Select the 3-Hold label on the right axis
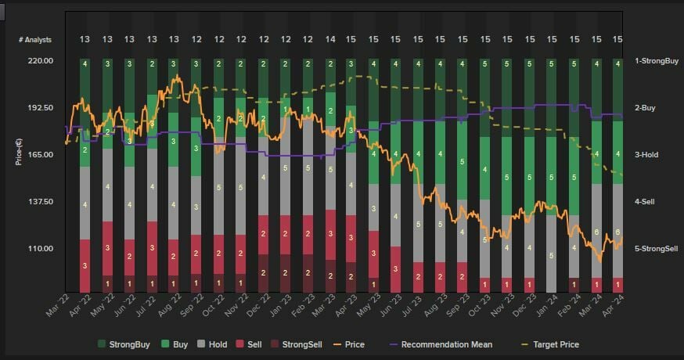(x=646, y=155)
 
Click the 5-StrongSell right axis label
(x=657, y=249)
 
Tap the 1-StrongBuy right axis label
(x=656, y=61)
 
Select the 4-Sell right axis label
(x=645, y=202)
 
